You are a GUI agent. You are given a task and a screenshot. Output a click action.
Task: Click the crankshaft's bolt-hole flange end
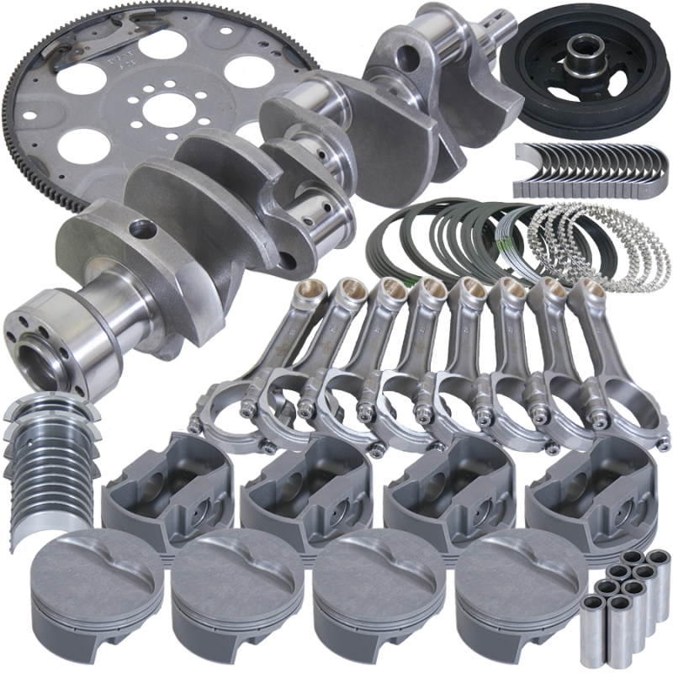click(42, 336)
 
